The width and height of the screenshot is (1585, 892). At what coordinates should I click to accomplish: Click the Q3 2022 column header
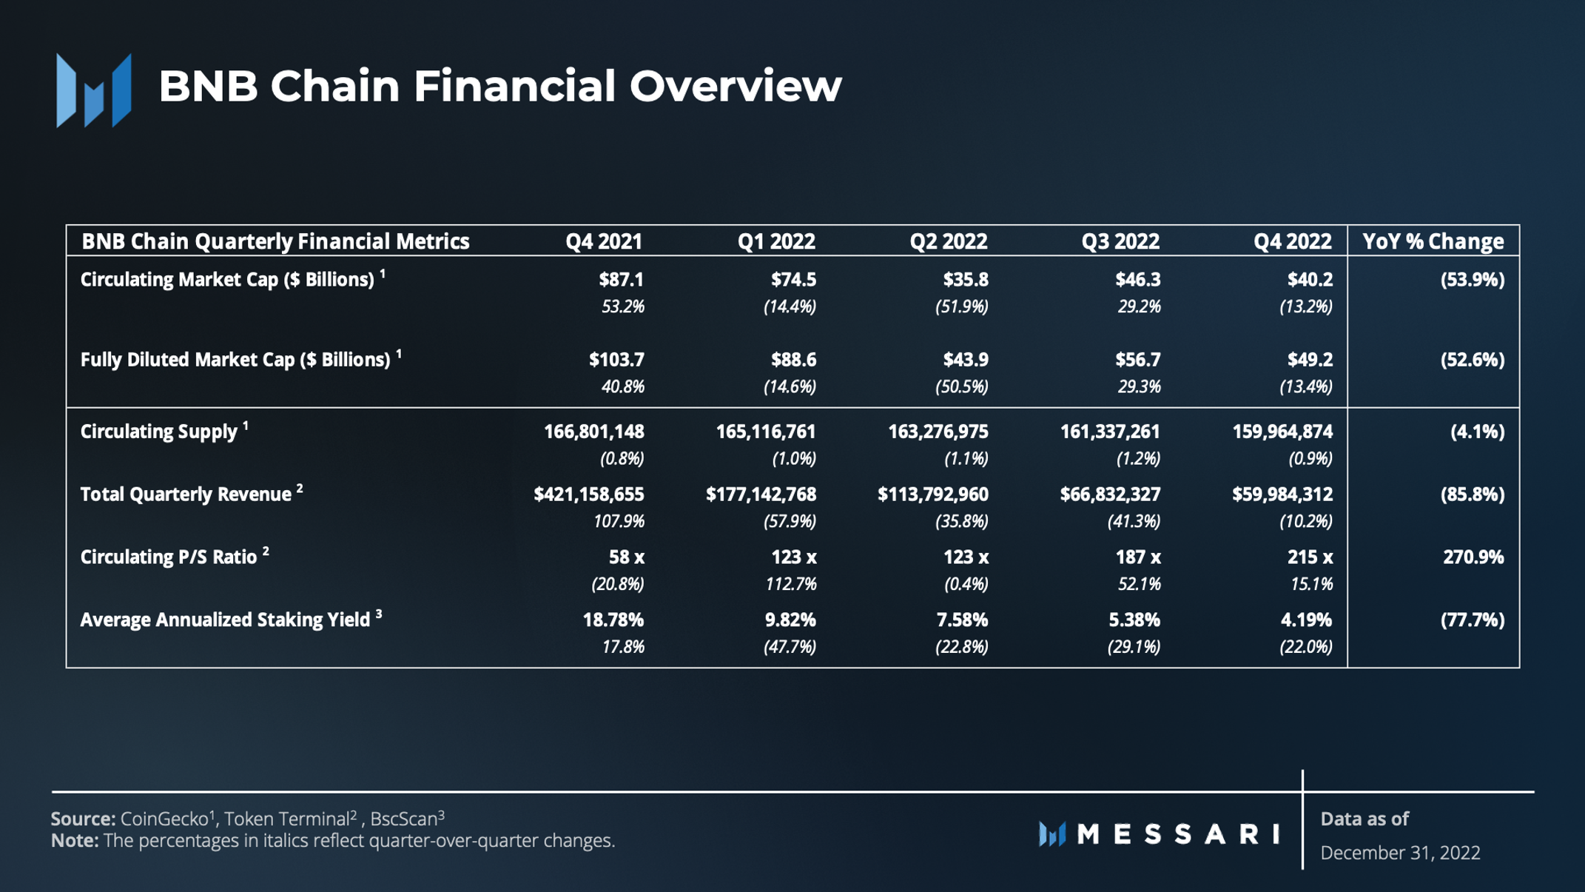[x=1120, y=241]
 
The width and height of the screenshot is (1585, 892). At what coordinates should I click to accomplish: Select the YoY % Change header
[x=1433, y=241]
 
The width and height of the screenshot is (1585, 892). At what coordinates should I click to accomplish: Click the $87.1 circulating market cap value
[x=621, y=280]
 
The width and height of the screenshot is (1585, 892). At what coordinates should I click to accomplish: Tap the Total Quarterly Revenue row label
[x=186, y=494]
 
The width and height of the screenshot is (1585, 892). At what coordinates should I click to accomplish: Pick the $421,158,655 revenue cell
[x=588, y=494]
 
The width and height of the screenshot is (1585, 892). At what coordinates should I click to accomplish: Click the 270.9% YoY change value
[x=1473, y=557]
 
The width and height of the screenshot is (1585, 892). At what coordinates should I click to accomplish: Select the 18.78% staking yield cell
[x=613, y=620]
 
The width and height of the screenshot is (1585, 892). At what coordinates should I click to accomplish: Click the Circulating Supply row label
[x=158, y=432]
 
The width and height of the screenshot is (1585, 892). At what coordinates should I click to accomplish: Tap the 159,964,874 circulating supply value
[x=1282, y=432]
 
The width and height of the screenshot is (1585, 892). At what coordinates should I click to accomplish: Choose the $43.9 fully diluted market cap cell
[x=965, y=360]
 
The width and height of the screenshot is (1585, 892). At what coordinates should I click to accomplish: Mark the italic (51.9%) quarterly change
[x=961, y=306]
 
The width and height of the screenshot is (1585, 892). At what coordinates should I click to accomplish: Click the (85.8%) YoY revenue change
[x=1472, y=494]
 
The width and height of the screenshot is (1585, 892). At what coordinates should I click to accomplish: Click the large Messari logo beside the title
[x=94, y=91]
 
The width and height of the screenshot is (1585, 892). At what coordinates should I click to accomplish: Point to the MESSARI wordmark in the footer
[x=1178, y=834]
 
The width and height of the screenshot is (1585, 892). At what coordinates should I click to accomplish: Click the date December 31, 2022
[x=1400, y=853]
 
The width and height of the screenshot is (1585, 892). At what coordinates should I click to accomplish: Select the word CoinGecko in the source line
[x=164, y=819]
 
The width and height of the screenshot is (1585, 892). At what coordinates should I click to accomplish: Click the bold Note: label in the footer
[x=75, y=841]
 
